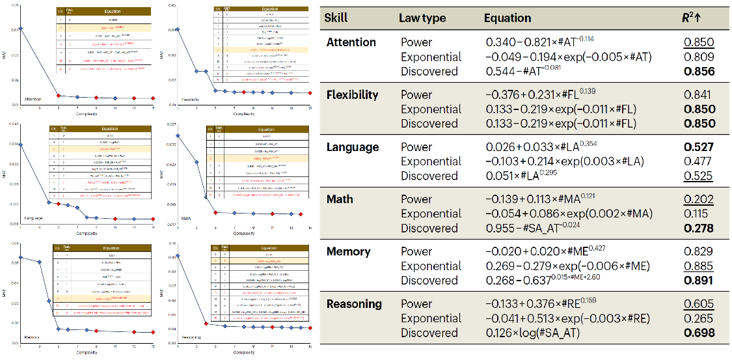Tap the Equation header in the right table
(508, 18)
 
